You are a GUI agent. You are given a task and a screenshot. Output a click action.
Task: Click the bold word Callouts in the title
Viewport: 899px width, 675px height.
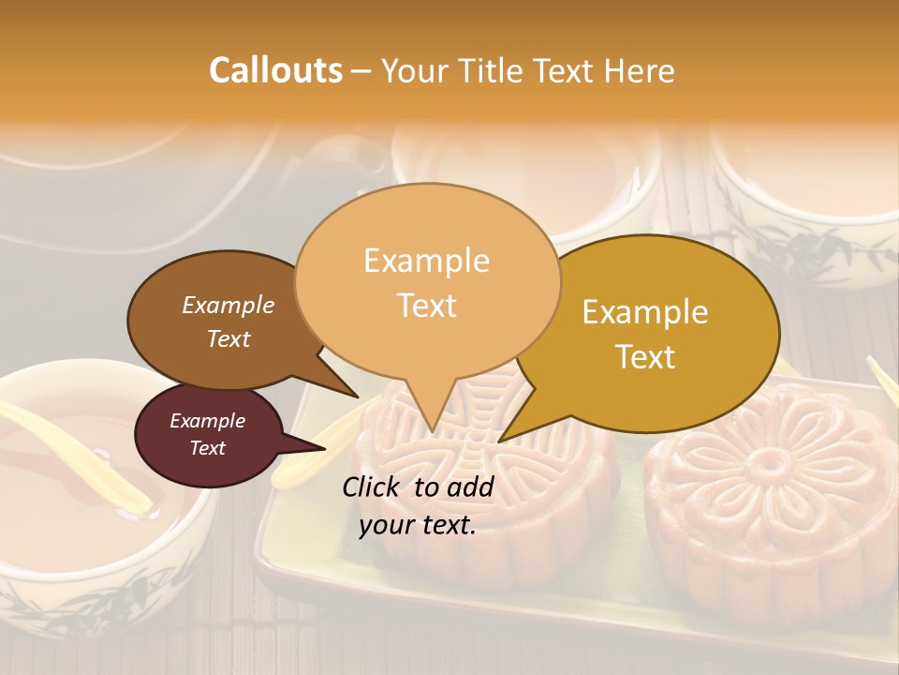click(275, 70)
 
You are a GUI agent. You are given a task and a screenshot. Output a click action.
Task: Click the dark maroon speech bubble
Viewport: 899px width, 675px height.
click(208, 435)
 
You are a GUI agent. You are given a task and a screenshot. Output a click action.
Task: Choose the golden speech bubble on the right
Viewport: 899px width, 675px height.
click(646, 333)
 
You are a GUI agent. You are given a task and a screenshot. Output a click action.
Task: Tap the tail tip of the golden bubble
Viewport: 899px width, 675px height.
click(501, 440)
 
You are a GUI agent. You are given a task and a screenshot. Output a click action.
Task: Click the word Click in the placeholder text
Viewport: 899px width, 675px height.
click(373, 487)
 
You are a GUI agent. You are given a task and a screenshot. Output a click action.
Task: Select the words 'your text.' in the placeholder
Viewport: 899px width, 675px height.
click(418, 525)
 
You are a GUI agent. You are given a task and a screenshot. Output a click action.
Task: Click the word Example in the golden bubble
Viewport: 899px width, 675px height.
click(645, 312)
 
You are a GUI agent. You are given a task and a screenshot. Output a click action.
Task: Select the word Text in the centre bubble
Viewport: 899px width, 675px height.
click(427, 306)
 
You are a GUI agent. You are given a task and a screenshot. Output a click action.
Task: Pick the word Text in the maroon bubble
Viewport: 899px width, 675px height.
click(208, 448)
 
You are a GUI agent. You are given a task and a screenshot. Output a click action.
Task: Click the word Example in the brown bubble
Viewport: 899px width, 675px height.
click(228, 305)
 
